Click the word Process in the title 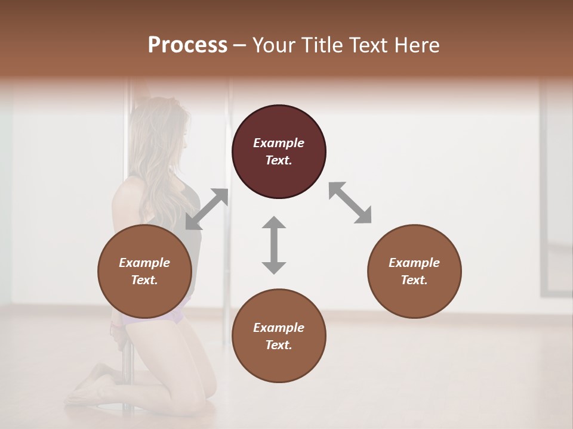187,45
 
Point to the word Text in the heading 366,45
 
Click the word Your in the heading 274,45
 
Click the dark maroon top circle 279,151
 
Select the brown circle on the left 144,271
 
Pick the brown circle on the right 414,271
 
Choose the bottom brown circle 279,336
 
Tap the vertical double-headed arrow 274,245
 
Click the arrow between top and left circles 207,209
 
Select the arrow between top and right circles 350,203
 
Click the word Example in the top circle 279,143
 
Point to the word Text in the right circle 414,280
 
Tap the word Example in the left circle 144,263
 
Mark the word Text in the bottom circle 279,345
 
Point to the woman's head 161,131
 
